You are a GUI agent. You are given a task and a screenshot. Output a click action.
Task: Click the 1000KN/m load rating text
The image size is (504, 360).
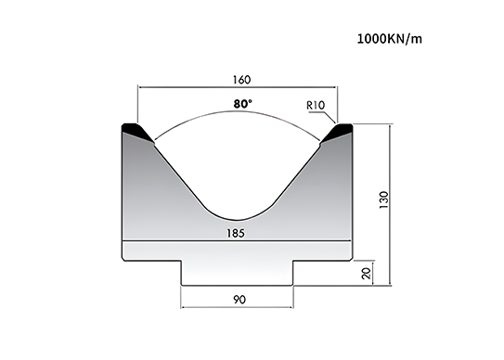pyautogui.click(x=390, y=39)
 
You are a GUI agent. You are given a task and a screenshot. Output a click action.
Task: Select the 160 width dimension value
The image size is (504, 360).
pyautogui.click(x=241, y=80)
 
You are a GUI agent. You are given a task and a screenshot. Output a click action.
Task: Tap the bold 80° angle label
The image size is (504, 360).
pyautogui.click(x=242, y=104)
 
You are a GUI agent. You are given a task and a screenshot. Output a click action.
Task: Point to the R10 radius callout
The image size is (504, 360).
pyautogui.click(x=316, y=106)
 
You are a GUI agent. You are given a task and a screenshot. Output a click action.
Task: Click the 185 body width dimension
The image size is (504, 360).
pyautogui.click(x=236, y=233)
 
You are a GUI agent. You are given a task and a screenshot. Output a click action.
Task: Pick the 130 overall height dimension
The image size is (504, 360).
pyautogui.click(x=384, y=199)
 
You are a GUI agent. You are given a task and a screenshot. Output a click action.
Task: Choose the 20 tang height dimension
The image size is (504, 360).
pyautogui.click(x=367, y=273)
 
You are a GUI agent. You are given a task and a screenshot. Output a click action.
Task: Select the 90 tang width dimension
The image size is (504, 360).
pyautogui.click(x=239, y=300)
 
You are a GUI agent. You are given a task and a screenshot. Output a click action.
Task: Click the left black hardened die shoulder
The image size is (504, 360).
pyautogui.click(x=137, y=131)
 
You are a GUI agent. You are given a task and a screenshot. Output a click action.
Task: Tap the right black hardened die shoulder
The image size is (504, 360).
pyautogui.click(x=338, y=131)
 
